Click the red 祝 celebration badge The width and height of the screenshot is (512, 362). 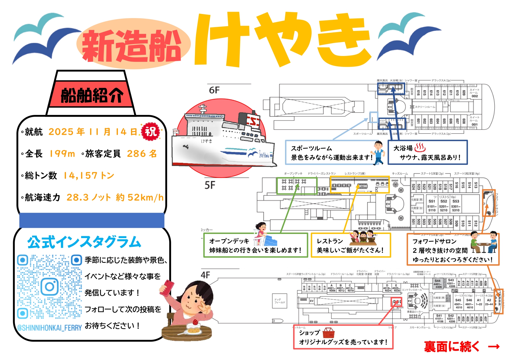pyautogui.click(x=151, y=132)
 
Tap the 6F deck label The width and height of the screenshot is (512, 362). pyautogui.click(x=214, y=90)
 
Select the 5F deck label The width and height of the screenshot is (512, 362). pyautogui.click(x=210, y=185)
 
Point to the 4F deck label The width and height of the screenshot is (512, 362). pyautogui.click(x=205, y=275)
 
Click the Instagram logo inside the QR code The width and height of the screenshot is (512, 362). pyautogui.click(x=49, y=287)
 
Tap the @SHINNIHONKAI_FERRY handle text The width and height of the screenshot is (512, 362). pyautogui.click(x=49, y=328)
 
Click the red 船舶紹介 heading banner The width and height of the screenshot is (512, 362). pyautogui.click(x=92, y=95)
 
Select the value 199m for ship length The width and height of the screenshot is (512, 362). pyautogui.click(x=62, y=153)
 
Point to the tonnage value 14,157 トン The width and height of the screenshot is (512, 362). pyautogui.click(x=89, y=175)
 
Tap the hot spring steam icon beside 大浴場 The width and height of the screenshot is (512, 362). pyautogui.click(x=420, y=147)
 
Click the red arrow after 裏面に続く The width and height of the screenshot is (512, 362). pyautogui.click(x=494, y=347)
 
